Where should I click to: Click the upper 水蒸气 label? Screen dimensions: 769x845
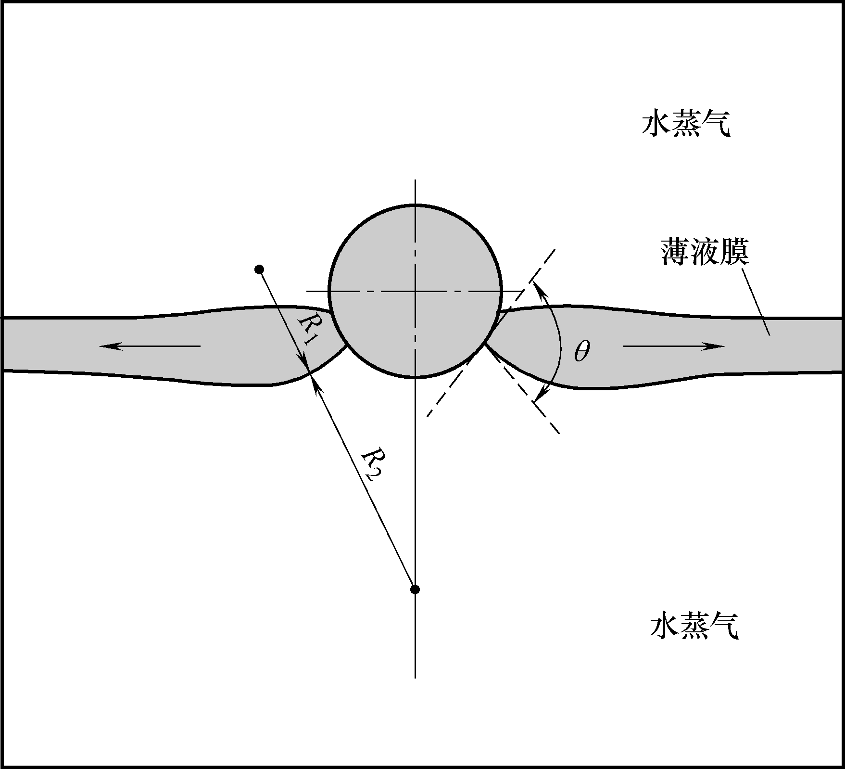click(686, 125)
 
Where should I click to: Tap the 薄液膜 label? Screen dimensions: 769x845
click(705, 252)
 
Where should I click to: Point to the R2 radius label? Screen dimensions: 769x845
click(371, 464)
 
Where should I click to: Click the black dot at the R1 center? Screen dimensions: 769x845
click(260, 269)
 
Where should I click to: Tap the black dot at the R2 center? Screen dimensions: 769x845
click(415, 589)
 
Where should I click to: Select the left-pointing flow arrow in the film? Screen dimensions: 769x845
click(150, 346)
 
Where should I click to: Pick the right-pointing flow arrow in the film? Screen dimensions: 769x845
click(673, 346)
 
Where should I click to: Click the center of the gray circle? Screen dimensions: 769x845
click(415, 291)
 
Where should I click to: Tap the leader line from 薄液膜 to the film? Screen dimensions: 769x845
click(756, 301)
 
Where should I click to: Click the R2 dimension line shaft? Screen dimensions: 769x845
click(366, 486)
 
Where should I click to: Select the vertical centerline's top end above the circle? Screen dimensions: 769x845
click(415, 179)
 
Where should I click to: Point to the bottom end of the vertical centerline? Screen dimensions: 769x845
click(415, 677)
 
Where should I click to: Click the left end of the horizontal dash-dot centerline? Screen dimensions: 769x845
click(307, 291)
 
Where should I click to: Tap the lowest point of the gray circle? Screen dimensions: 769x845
click(415, 377)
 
